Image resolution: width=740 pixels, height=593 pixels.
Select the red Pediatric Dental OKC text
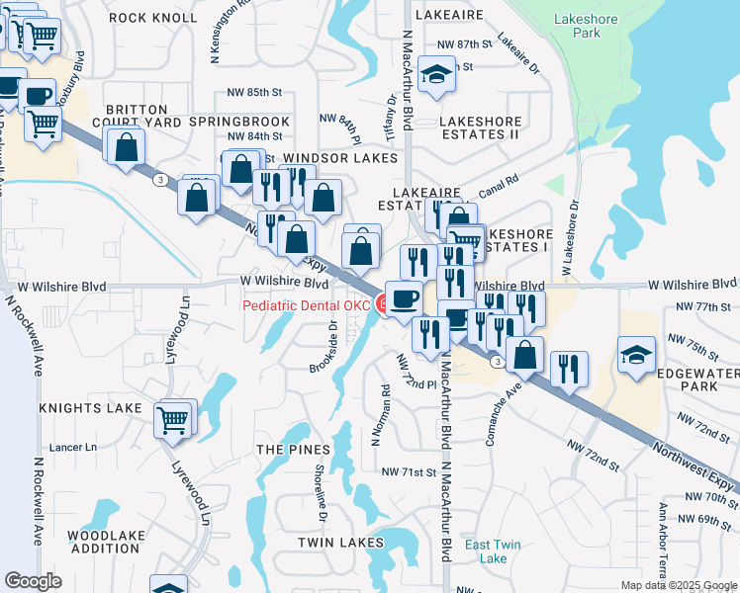pyautogui.click(x=307, y=305)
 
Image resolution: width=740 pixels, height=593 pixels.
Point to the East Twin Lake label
pyautogui.click(x=493, y=551)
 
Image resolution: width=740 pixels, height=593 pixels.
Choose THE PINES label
pyautogui.click(x=293, y=450)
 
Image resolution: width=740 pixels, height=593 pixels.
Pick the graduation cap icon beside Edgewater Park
pyautogui.click(x=635, y=353)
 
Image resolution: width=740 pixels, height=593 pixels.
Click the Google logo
pyautogui.click(x=33, y=581)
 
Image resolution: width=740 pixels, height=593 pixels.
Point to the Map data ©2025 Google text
pyautogui.click(x=678, y=585)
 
